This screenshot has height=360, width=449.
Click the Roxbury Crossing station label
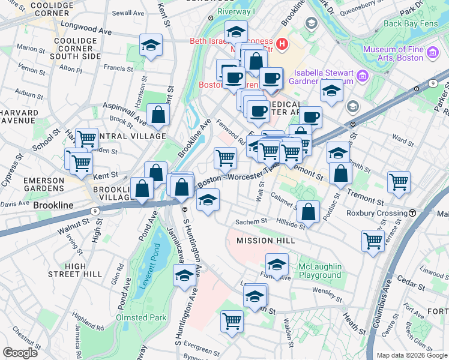click(x=376, y=213)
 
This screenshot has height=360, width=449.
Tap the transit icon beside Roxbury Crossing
click(x=413, y=213)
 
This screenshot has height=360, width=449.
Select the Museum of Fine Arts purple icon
click(x=433, y=54)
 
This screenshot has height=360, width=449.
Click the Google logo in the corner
click(x=20, y=353)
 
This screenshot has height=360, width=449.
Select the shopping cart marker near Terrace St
click(x=373, y=241)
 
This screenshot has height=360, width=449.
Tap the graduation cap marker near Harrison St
click(x=151, y=45)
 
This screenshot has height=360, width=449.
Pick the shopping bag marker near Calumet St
click(x=308, y=211)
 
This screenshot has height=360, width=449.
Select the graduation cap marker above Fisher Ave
click(x=277, y=264)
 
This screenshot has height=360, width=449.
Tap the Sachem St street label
click(x=251, y=221)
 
